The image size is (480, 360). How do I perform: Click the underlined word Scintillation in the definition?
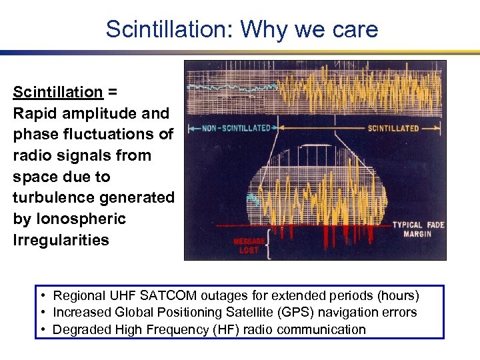click(58, 92)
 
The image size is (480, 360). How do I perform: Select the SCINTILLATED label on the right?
click(393, 128)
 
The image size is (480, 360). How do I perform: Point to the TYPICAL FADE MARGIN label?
click(417, 229)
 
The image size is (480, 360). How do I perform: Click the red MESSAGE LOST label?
click(249, 245)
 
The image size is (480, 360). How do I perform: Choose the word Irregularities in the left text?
click(61, 240)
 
